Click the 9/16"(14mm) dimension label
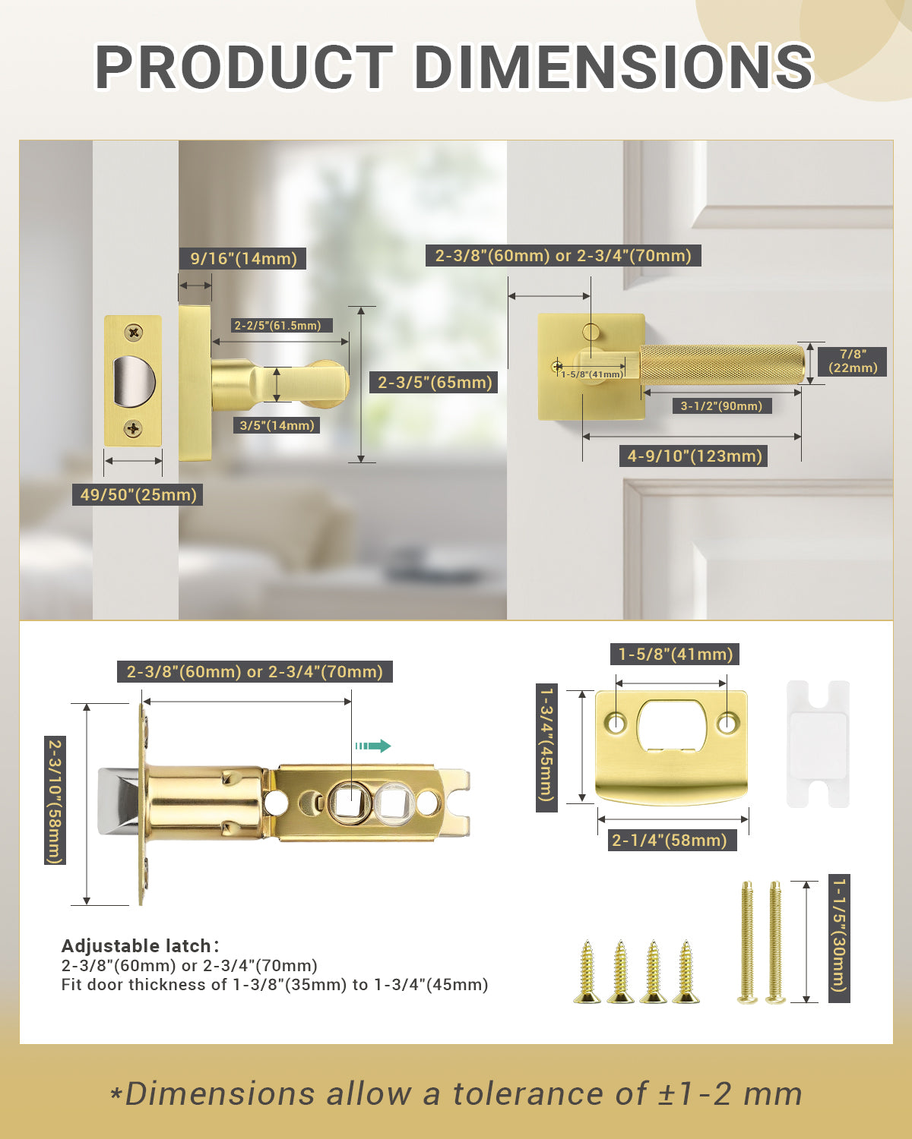[x=243, y=258]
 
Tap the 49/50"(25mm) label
[x=138, y=495]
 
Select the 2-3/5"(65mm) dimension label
[x=435, y=382]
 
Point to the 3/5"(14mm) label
[x=277, y=425]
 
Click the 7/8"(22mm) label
[x=853, y=361]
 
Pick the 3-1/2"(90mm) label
[x=721, y=405]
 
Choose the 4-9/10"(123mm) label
[x=695, y=456]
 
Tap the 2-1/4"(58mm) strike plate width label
[x=670, y=840]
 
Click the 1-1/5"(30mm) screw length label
[x=839, y=939]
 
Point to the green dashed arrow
[x=372, y=746]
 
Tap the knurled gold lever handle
[x=722, y=364]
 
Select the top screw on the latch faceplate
[x=134, y=332]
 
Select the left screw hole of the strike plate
[x=616, y=722]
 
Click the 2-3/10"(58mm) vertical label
[x=55, y=800]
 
